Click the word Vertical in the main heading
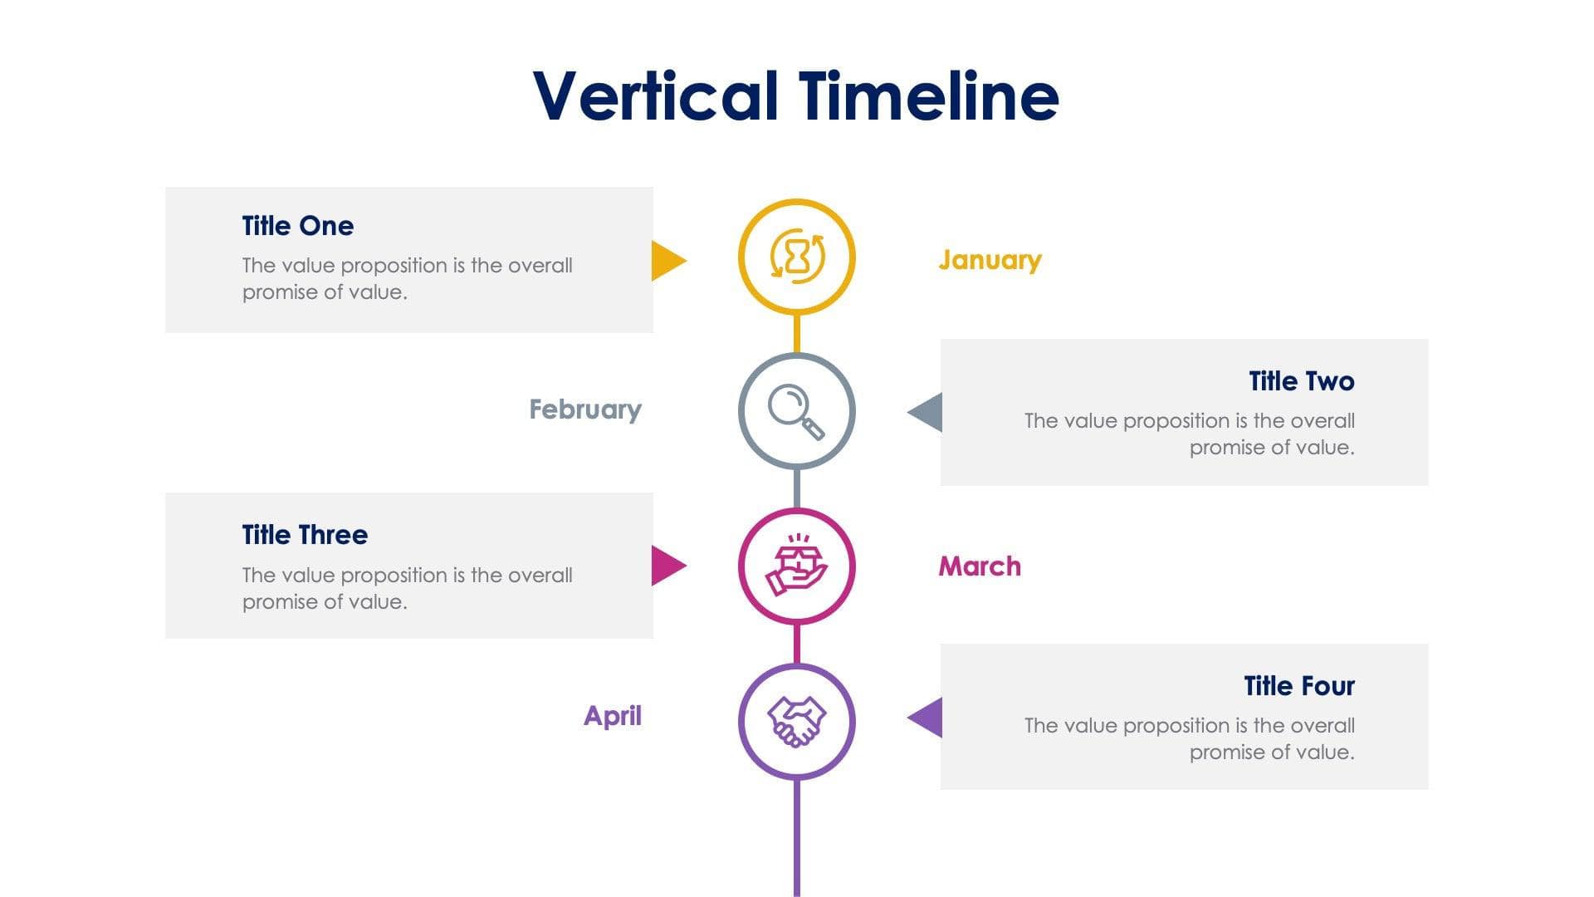pos(655,96)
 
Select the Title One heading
pos(297,226)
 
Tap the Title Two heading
pos(1301,381)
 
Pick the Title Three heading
pos(305,535)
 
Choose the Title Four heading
pos(1298,686)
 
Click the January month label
pos(990,260)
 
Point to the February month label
pos(585,409)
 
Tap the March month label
pos(980,566)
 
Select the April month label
pos(613,716)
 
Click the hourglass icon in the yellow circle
pos(797,257)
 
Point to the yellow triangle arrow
pos(667,261)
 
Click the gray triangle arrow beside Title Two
pos(927,412)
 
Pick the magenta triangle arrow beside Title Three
pos(667,566)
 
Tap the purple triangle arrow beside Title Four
pos(927,718)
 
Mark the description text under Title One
pos(407,279)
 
